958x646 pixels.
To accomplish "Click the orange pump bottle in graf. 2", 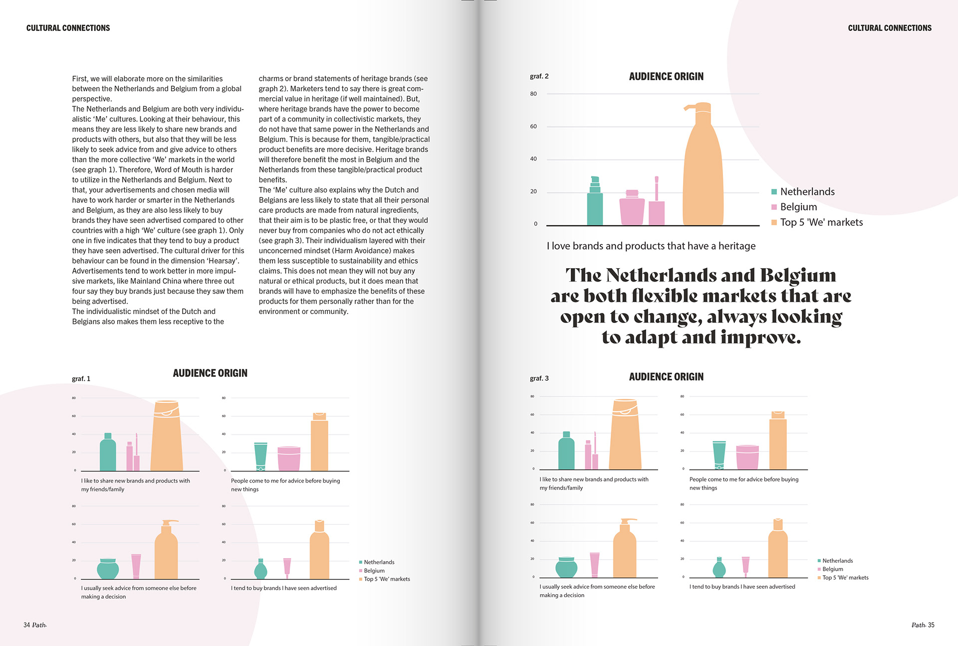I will (703, 169).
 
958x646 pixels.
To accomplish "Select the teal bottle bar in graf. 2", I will (595, 204).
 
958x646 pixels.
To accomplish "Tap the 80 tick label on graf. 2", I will (533, 94).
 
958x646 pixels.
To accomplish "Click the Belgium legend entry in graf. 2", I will (798, 207).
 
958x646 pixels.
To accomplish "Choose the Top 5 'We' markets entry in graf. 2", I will (821, 222).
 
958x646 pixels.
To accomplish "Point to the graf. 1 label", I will (81, 379).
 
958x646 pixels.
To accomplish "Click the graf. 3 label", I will (539, 378).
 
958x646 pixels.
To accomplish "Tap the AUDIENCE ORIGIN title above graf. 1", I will (210, 373).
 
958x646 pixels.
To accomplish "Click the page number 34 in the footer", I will (27, 625).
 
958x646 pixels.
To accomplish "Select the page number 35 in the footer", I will (931, 625).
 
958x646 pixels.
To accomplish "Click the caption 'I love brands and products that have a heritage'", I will (651, 246).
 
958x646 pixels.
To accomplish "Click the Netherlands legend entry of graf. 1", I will (379, 562).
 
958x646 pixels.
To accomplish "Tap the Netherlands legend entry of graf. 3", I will (837, 561).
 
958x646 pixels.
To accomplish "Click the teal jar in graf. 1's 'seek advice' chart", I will (108, 568).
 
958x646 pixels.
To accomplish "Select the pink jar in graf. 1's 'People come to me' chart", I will (289, 459).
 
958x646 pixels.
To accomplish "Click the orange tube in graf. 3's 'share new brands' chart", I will (625, 435).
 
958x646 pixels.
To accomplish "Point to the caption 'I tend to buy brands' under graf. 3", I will (742, 587).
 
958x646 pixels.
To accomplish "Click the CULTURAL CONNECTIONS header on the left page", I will (68, 28).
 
